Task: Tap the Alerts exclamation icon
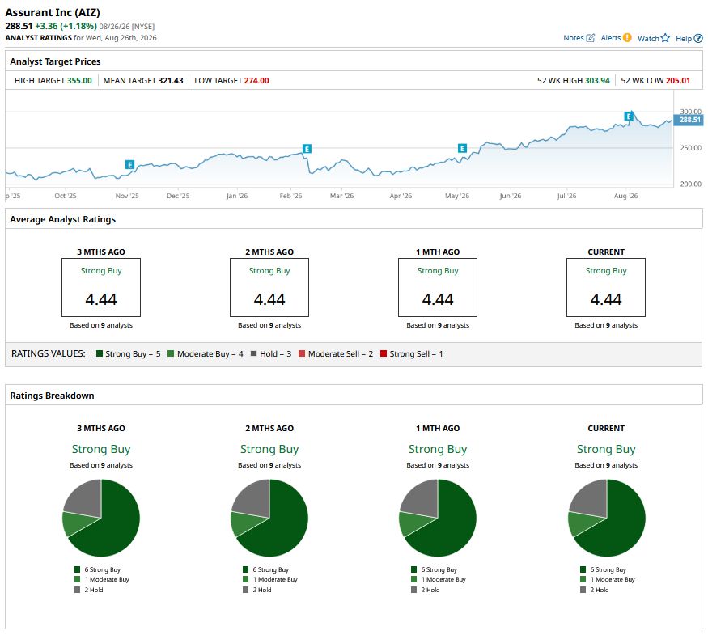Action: (627, 37)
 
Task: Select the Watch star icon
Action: (665, 38)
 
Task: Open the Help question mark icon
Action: (698, 38)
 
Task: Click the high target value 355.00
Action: (79, 80)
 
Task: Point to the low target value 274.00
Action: (256, 80)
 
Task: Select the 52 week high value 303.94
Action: (597, 80)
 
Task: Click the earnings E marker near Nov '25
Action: (130, 165)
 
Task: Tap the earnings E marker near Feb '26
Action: (307, 149)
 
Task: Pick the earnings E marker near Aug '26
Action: (629, 116)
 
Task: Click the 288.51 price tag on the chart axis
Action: (689, 120)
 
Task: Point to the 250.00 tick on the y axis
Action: (690, 148)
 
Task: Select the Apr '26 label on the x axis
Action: (401, 196)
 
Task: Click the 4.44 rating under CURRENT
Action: (606, 299)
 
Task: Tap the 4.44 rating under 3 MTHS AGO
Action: (101, 299)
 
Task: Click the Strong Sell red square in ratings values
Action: (384, 353)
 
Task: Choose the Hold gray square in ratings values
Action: (254, 353)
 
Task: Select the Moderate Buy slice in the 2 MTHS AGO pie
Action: (243, 523)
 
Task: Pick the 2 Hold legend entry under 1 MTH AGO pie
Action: (426, 590)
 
